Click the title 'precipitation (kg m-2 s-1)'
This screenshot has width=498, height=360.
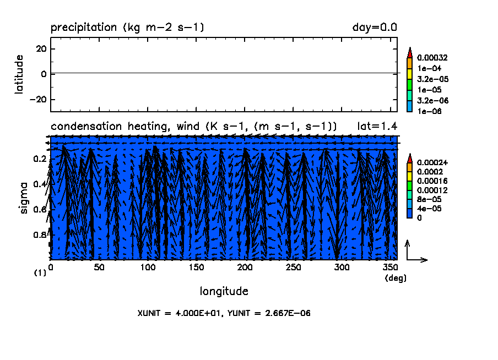click(127, 28)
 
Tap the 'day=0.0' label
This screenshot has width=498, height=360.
click(375, 28)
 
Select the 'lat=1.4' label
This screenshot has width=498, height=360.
click(377, 127)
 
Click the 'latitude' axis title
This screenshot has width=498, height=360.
click(20, 74)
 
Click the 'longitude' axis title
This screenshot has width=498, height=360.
click(224, 291)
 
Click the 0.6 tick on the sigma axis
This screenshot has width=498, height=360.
click(40, 210)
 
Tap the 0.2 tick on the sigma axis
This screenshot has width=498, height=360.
click(40, 159)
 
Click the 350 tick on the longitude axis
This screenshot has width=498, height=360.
click(391, 268)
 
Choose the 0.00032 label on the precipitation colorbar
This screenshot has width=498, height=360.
click(432, 58)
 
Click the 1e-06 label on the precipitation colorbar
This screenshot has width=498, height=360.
click(428, 111)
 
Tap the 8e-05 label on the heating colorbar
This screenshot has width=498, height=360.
click(428, 199)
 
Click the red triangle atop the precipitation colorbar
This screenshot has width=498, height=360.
click(409, 52)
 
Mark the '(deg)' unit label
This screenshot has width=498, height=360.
click(396, 278)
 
